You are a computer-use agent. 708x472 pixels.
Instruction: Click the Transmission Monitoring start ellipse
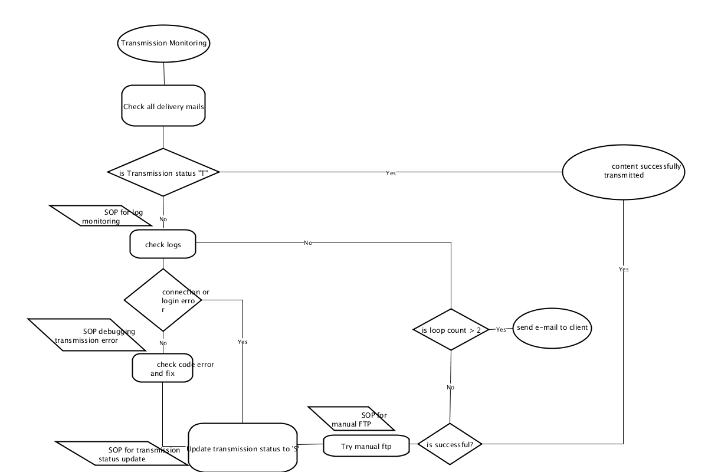[x=164, y=44]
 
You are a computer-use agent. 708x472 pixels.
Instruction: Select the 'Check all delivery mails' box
[x=163, y=106]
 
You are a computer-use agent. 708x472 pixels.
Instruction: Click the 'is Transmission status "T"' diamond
[x=163, y=172]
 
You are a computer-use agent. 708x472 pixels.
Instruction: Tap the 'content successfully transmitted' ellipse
[x=624, y=172]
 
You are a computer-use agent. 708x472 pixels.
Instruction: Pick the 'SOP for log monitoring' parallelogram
[x=101, y=215]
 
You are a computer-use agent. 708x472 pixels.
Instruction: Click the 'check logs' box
[x=163, y=244]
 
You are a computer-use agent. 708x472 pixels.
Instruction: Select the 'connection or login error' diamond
[x=163, y=300]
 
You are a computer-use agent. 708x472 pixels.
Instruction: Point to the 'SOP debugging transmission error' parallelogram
[x=87, y=335]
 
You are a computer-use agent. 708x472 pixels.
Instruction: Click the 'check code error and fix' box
[x=162, y=368]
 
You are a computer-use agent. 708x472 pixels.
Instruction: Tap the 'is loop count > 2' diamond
[x=451, y=329]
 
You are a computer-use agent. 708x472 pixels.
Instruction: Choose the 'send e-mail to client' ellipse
[x=552, y=328]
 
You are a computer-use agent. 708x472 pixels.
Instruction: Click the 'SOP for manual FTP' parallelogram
[x=351, y=418]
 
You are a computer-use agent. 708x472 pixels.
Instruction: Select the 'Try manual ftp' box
[x=366, y=446]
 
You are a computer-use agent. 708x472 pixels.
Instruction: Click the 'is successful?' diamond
[x=450, y=444]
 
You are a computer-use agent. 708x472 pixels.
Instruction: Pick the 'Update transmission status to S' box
[x=242, y=448]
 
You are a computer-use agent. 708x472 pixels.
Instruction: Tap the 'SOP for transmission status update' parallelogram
[x=122, y=453]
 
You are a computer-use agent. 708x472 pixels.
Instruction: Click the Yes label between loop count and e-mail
[x=501, y=329]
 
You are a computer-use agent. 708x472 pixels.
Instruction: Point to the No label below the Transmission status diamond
[x=163, y=219]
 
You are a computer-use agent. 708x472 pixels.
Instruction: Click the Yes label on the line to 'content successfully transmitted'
[x=391, y=173]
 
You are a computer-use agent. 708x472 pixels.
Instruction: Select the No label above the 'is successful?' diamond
[x=450, y=387]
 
